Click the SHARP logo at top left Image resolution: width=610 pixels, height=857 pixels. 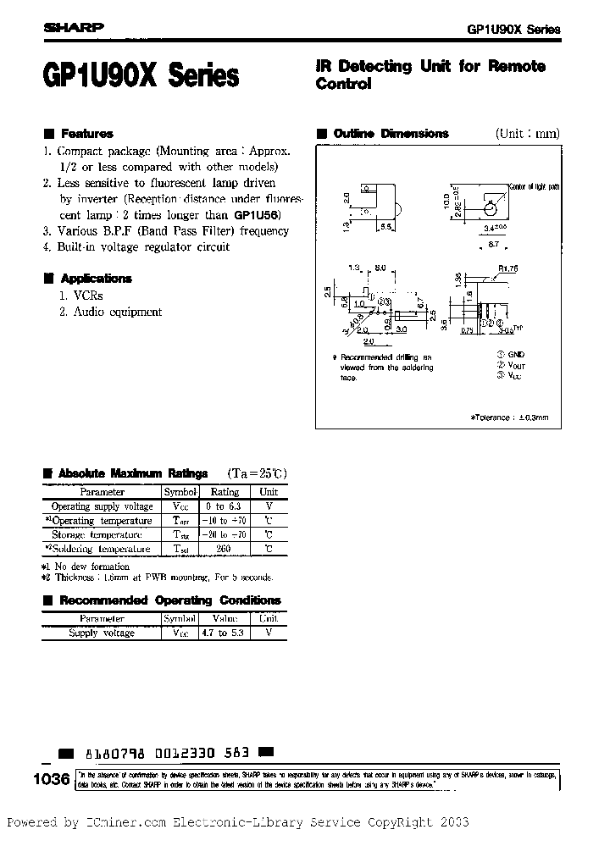click(72, 27)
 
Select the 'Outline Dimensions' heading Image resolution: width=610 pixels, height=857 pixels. click(391, 134)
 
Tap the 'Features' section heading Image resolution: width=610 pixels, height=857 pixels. click(86, 134)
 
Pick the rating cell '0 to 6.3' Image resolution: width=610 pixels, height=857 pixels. click(224, 506)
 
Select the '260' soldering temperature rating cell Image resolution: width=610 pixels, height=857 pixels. click(224, 549)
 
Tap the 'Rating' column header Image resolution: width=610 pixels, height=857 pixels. click(224, 492)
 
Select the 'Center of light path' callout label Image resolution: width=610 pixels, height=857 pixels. click(534, 186)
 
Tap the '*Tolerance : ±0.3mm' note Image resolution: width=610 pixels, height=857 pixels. click(509, 417)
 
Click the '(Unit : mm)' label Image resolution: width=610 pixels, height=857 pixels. click(527, 134)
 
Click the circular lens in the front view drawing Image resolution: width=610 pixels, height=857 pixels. click(490, 206)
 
